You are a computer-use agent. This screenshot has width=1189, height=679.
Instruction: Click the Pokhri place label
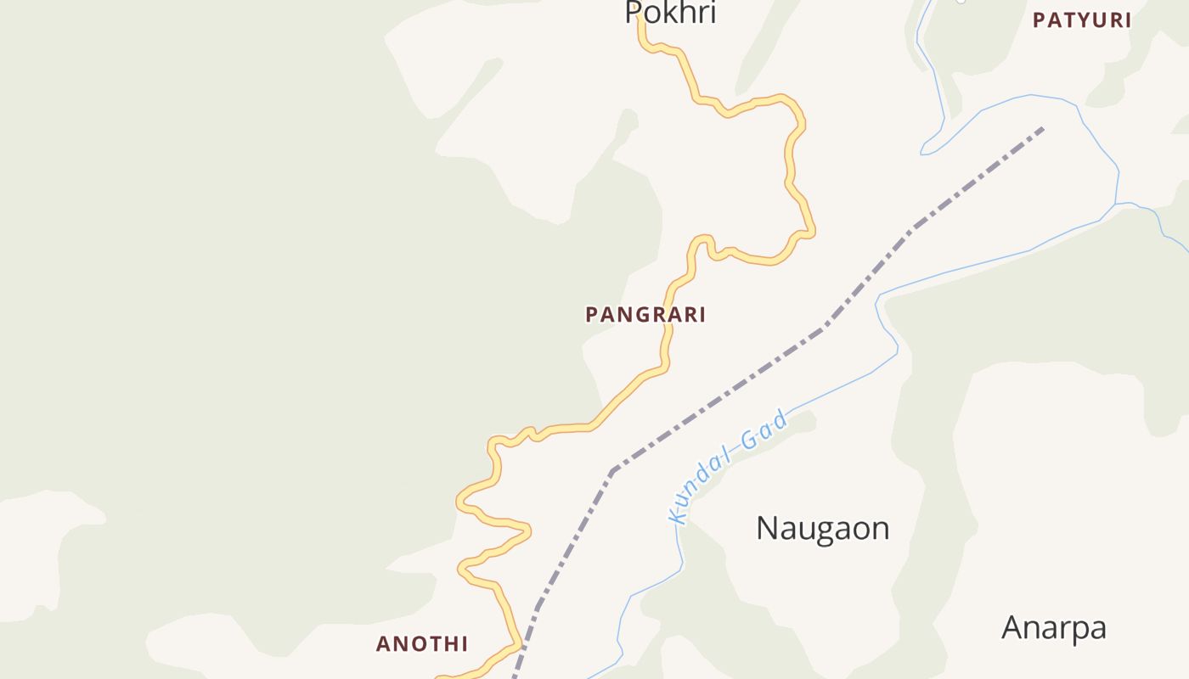tap(670, 12)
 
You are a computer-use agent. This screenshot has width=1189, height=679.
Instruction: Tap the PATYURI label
tap(1082, 20)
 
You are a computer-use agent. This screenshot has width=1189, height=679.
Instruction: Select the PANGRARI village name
tap(645, 315)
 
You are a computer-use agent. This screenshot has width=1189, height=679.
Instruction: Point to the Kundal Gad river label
tap(728, 467)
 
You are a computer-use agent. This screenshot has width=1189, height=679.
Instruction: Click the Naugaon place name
tap(822, 528)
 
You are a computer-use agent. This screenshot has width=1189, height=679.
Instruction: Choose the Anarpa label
tap(1053, 628)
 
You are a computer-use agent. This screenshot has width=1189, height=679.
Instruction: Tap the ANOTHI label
tap(422, 644)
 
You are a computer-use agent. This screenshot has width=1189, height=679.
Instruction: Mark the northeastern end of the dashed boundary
tap(1042, 129)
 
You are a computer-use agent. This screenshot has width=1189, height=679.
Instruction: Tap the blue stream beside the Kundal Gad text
tap(841, 388)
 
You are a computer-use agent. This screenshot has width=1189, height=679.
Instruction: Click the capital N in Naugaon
tap(767, 528)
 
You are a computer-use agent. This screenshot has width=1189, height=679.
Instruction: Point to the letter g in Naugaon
tap(823, 531)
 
